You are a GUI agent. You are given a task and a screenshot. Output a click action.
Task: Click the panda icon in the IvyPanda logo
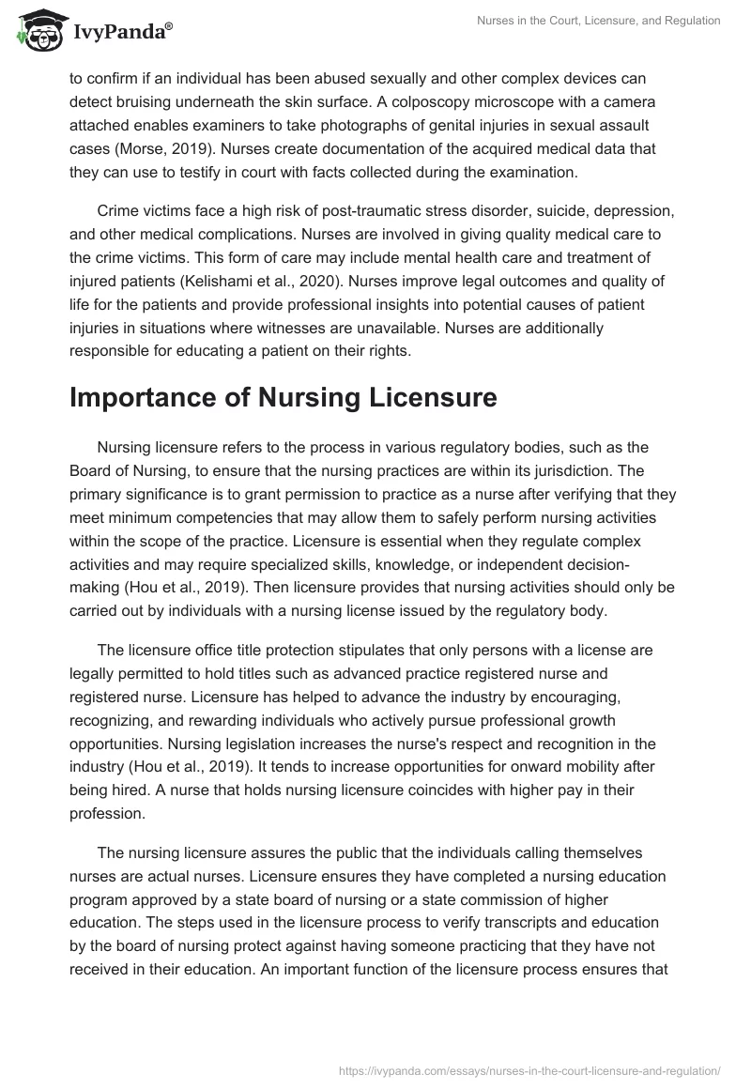(x=36, y=31)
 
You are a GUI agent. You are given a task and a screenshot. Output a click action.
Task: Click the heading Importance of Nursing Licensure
(x=283, y=397)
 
